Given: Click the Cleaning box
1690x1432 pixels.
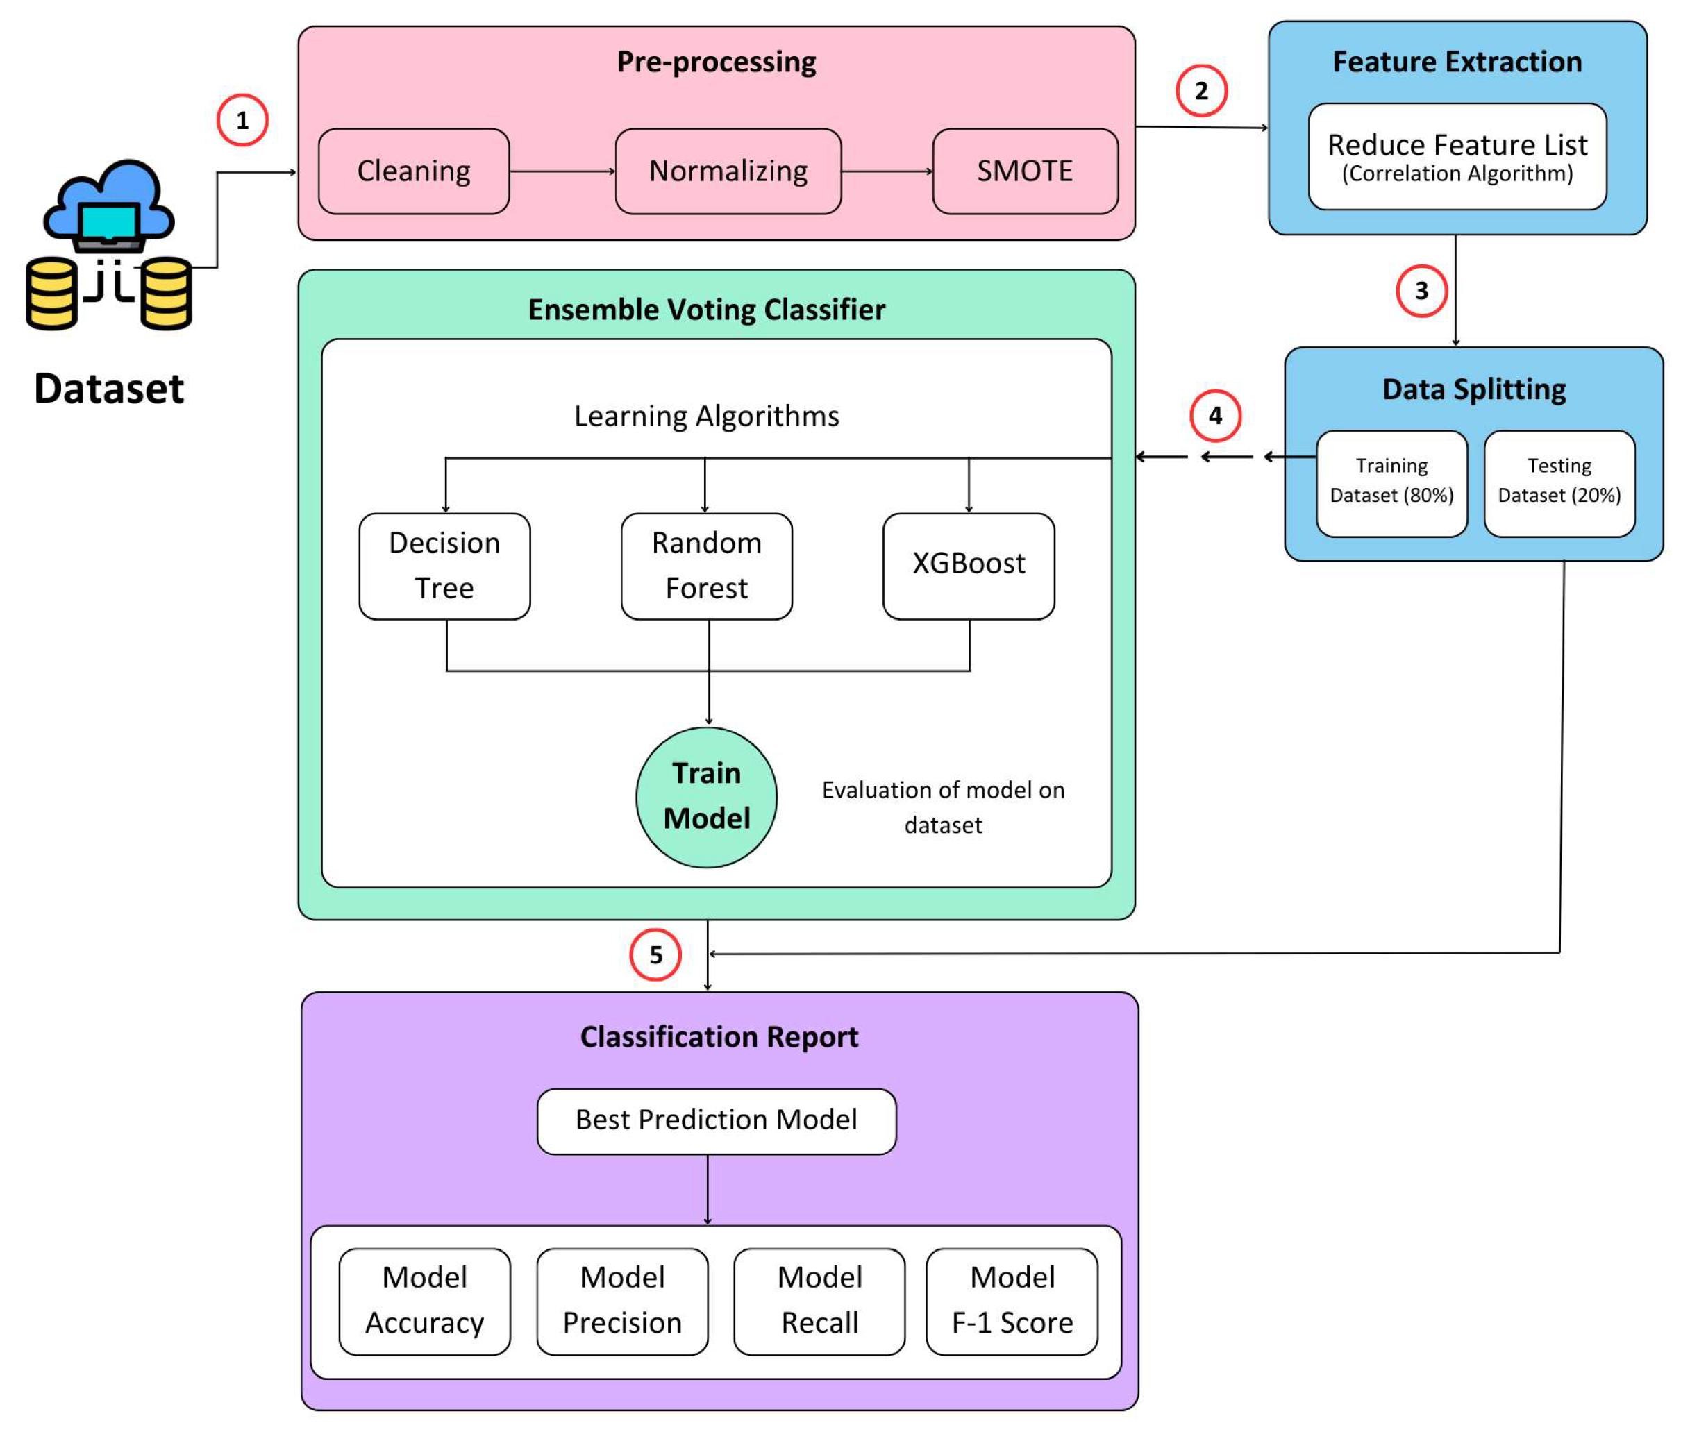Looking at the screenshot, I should click(x=413, y=171).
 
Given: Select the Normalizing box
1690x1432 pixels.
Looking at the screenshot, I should click(x=728, y=171).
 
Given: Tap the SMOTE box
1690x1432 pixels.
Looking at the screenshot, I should click(x=1024, y=171).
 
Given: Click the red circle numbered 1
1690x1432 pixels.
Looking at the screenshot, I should click(x=242, y=120).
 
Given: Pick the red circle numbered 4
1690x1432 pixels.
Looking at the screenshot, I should click(x=1214, y=416).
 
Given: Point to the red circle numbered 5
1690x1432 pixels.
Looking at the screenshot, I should click(x=655, y=954).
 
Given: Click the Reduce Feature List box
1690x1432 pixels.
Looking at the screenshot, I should click(x=1456, y=157).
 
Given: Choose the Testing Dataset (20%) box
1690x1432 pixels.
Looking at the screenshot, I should click(x=1559, y=483).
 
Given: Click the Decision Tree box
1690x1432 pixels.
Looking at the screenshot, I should click(x=444, y=566).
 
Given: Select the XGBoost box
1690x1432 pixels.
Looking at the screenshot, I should click(x=968, y=566).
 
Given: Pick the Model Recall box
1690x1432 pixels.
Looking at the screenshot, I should click(x=819, y=1302).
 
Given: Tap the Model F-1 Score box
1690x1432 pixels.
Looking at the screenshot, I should click(x=1011, y=1302).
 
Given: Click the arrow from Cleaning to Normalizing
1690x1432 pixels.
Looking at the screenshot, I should click(x=561, y=171).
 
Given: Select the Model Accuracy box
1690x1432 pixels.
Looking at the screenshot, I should click(x=424, y=1302).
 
